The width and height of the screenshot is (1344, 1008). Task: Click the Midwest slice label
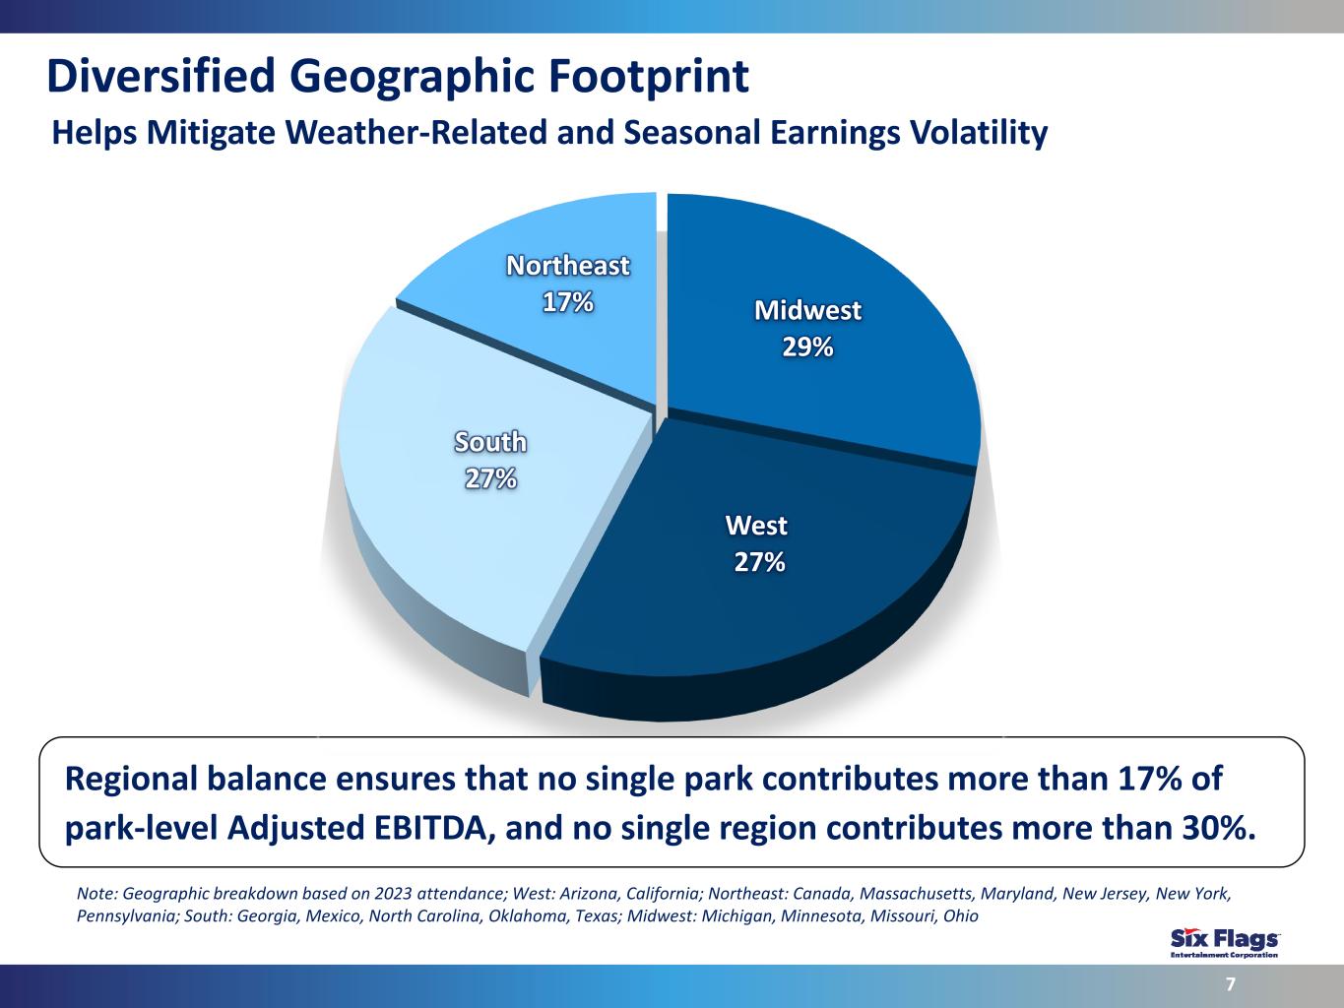tap(807, 310)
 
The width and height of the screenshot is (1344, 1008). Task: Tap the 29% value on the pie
tap(807, 347)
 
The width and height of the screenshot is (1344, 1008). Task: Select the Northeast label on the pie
tap(567, 266)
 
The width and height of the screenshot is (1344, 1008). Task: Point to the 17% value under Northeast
tap(567, 302)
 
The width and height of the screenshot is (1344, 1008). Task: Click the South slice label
tap(490, 442)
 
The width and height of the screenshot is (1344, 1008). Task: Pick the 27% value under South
tap(490, 478)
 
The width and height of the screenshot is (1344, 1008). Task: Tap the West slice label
tap(756, 526)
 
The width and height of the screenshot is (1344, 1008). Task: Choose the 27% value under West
tap(759, 562)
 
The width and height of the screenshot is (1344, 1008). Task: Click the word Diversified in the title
tap(161, 77)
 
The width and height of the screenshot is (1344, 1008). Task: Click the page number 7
tap(1231, 984)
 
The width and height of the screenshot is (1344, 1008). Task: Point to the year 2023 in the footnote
tap(393, 894)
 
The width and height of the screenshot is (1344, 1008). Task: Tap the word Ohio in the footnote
tap(961, 916)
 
